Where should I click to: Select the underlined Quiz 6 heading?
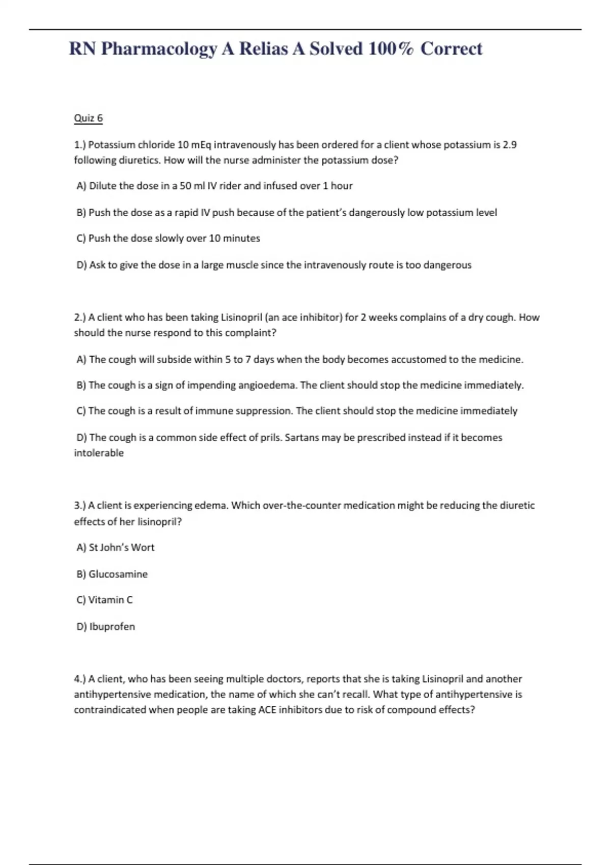[x=88, y=118]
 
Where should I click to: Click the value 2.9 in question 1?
[x=509, y=145]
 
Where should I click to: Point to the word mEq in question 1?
[x=201, y=145]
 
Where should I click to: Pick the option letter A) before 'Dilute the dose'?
[x=81, y=186]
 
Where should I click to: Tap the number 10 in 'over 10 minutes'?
[x=215, y=239]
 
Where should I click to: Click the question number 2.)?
[x=80, y=318]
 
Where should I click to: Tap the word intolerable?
[x=99, y=453]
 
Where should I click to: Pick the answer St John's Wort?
[x=121, y=547]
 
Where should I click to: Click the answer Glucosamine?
[x=118, y=574]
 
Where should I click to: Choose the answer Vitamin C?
[x=110, y=600]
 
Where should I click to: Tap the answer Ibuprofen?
[x=112, y=627]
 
